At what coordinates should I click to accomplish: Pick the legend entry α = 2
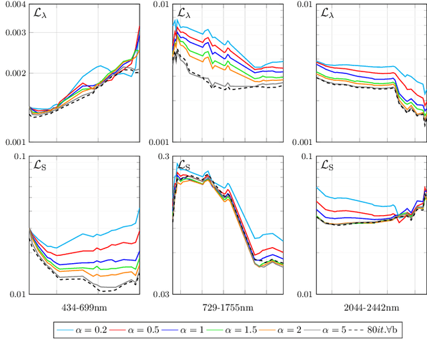[289, 330]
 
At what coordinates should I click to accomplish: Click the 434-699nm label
[84, 307]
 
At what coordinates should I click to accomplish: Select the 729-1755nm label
[228, 307]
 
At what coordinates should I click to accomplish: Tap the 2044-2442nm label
[371, 307]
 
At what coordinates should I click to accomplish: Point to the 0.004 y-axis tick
[15, 5]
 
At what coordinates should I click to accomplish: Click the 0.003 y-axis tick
[15, 33]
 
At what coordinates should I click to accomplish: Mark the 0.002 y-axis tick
[15, 73]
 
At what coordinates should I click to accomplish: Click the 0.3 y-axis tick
[163, 156]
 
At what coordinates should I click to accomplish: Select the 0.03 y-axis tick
[160, 294]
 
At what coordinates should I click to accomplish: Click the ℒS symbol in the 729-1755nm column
[183, 165]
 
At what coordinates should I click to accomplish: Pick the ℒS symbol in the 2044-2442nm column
[327, 165]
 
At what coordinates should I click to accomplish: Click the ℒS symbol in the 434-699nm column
[41, 165]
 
